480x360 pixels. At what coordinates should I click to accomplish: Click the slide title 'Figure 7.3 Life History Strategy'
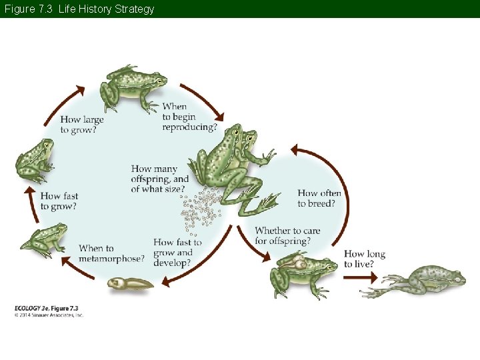(79, 9)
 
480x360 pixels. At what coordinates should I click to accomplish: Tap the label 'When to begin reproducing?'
(189, 117)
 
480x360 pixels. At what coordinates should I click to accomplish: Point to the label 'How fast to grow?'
(59, 201)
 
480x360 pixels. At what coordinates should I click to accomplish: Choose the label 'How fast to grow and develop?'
(177, 253)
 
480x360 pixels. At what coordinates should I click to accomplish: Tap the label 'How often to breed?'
(319, 199)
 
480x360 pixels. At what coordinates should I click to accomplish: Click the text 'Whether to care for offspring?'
(287, 235)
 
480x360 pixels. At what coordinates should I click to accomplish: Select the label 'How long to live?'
(364, 259)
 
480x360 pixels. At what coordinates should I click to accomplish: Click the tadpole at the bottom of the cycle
(131, 283)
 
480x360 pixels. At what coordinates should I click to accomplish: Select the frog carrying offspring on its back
(301, 273)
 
